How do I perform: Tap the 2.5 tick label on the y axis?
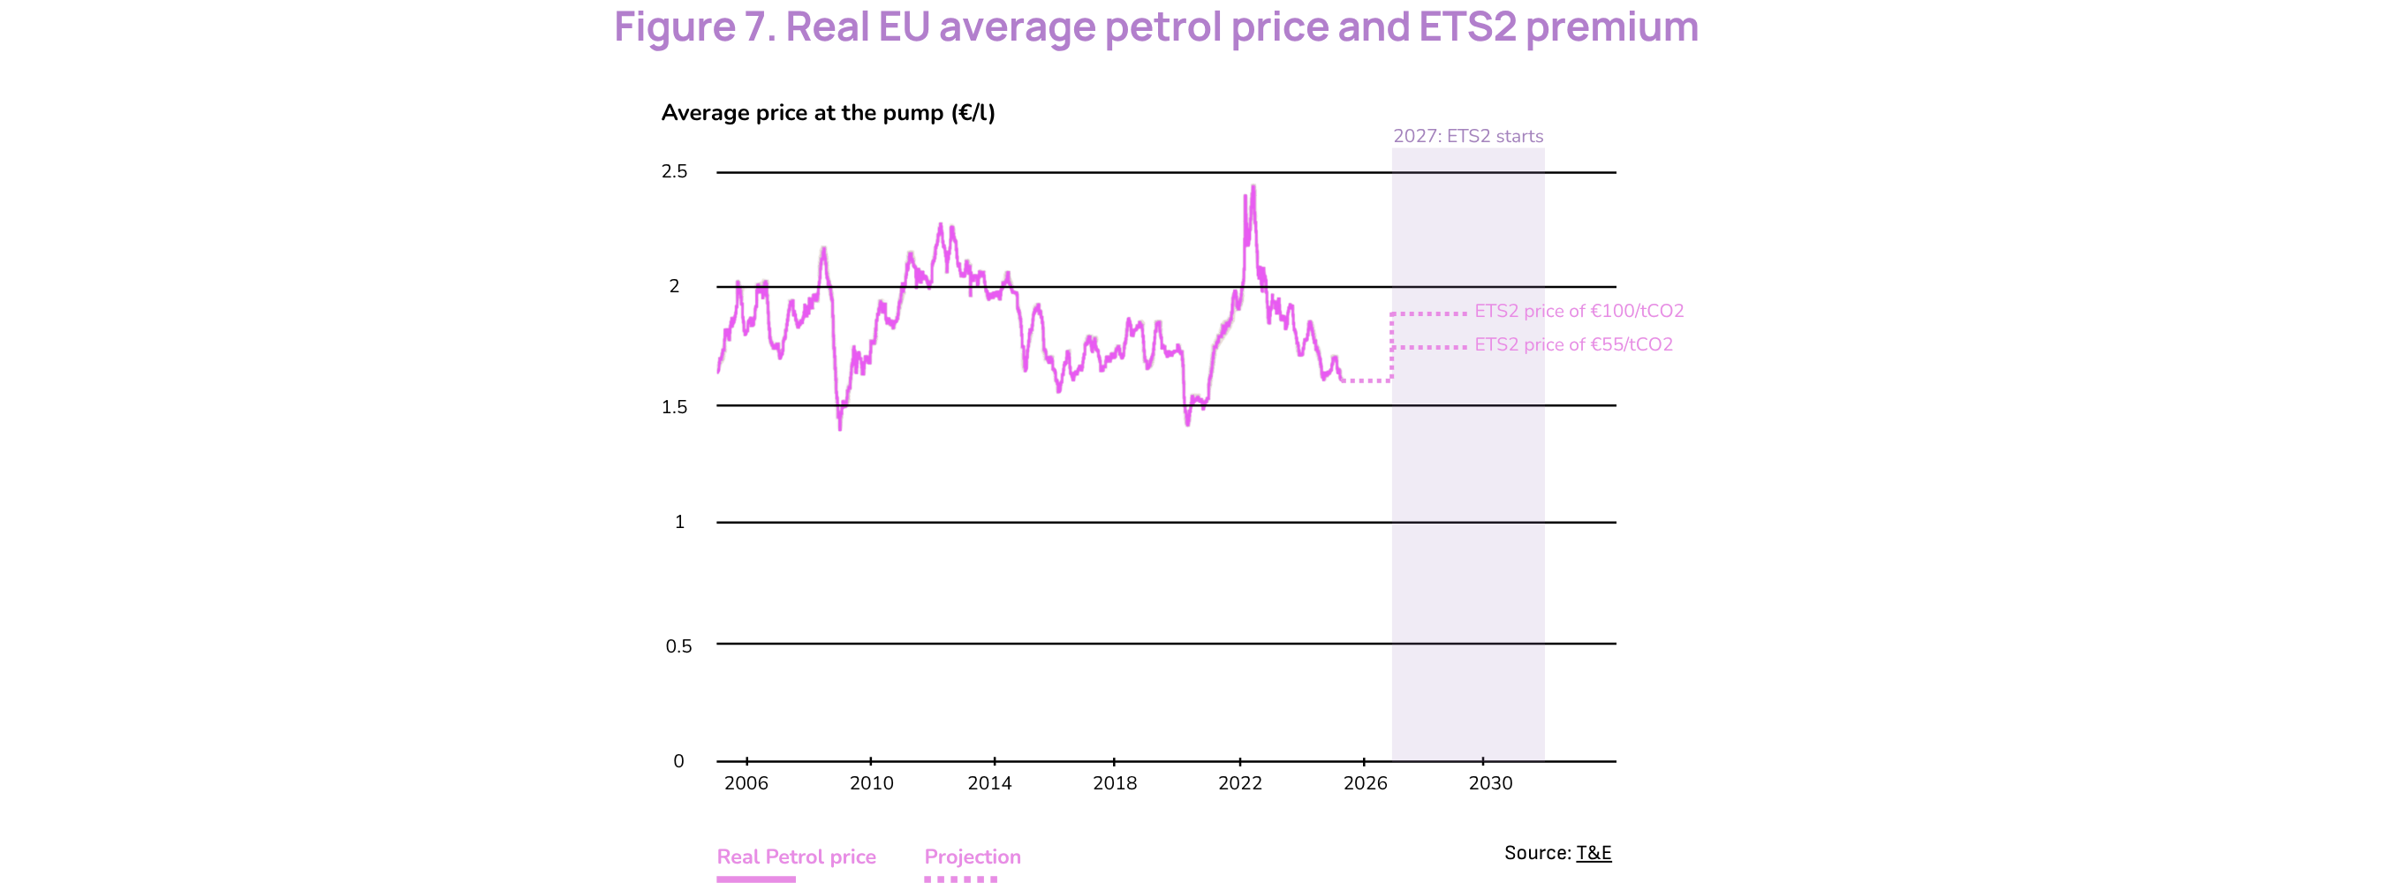(674, 172)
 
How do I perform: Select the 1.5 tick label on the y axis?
(674, 407)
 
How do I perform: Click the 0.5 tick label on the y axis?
(678, 646)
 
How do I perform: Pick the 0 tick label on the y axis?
(678, 762)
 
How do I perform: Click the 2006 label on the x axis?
(746, 784)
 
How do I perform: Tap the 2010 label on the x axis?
(871, 784)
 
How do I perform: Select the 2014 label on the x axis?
(989, 784)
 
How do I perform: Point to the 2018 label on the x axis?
(1115, 784)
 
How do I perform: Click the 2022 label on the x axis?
(1239, 784)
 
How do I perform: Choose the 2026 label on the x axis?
(1365, 784)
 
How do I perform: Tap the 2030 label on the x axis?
(1489, 784)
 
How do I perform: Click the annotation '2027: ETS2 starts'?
(1467, 137)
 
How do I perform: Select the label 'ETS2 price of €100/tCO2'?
(1579, 311)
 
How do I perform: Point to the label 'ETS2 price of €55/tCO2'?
(1573, 345)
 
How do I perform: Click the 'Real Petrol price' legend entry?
(796, 857)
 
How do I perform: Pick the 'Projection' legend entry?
(973, 857)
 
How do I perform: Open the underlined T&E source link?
(1594, 853)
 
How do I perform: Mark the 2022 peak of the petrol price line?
(1253, 186)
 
